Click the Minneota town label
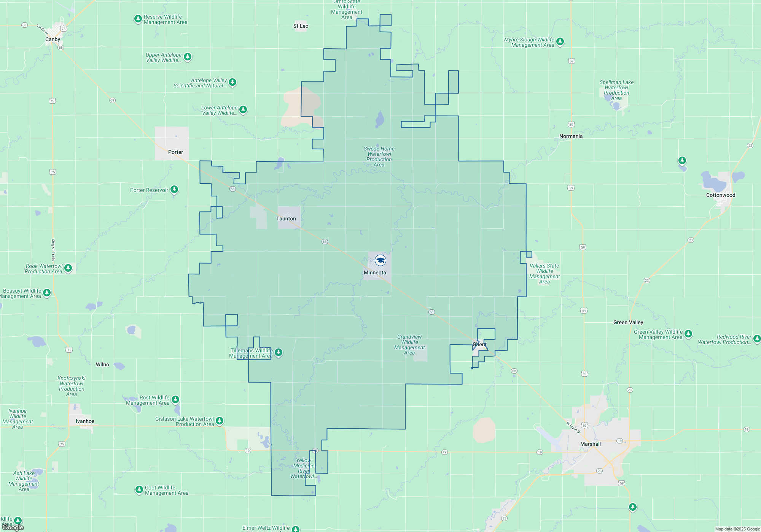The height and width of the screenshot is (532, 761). (375, 272)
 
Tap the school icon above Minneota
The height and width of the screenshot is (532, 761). (380, 260)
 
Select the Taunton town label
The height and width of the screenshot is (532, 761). (286, 218)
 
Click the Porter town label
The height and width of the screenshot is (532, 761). (175, 152)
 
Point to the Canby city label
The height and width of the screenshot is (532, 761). (53, 39)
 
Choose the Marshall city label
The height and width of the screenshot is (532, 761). (591, 444)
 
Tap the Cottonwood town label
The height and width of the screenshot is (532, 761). (721, 195)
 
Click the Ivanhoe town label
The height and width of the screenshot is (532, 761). (85, 421)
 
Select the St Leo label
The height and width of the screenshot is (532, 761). (301, 26)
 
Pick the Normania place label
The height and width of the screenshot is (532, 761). (571, 136)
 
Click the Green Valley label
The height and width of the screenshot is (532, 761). (628, 322)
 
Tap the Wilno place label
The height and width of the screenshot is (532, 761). (102, 364)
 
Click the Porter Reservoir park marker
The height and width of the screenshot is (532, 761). (174, 189)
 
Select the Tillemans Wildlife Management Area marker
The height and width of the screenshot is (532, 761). (279, 352)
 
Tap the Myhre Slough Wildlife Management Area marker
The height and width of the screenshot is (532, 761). (560, 41)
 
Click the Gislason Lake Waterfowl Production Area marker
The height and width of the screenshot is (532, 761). (220, 421)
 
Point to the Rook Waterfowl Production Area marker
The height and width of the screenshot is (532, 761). (68, 268)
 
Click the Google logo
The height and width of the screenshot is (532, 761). (13, 527)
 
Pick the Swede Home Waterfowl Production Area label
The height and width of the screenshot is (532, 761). (379, 157)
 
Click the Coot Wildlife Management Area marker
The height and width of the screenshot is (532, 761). (139, 489)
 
